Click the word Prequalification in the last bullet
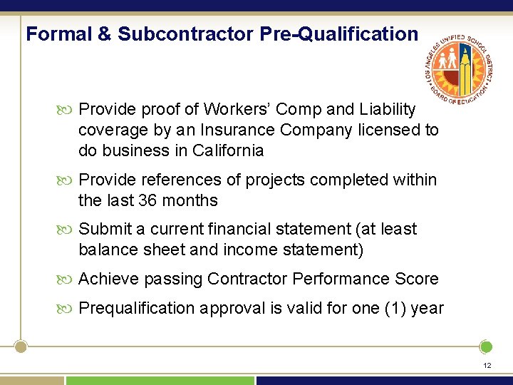pos(136,308)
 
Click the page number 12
pos(487,365)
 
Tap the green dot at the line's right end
pos(486,347)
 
